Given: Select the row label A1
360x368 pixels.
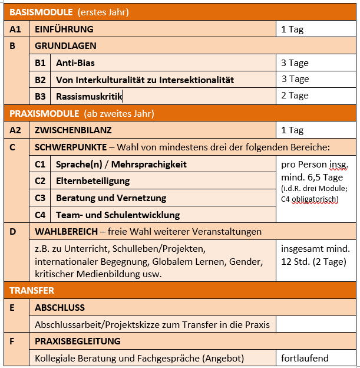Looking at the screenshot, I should tap(15, 29).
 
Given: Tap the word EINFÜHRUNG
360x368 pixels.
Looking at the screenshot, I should tap(64, 29).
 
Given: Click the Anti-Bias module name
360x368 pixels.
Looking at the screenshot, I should tap(75, 63).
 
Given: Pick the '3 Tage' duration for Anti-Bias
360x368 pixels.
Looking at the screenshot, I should tap(295, 63).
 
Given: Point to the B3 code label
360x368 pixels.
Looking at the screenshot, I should tap(41, 96).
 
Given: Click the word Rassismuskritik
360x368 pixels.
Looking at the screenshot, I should tap(88, 96).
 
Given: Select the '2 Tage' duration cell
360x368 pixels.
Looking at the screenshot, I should tap(295, 96).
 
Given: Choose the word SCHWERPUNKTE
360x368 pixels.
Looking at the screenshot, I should tap(71, 147).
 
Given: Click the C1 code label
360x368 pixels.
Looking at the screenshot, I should tap(41, 164).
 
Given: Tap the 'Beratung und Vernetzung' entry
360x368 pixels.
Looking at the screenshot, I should tap(111, 198).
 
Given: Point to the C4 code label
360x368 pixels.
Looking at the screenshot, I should tap(41, 215).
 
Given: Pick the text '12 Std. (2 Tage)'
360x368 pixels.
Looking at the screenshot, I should tap(313, 262).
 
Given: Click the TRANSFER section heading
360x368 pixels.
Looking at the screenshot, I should tap(32, 291).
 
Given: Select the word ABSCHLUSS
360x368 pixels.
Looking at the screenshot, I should tap(60, 308).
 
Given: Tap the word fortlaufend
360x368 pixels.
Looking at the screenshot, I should tap(305, 358).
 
